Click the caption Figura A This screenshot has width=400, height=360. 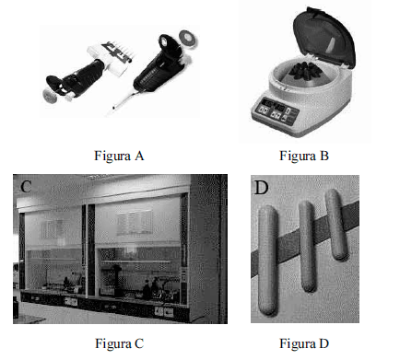tap(119, 156)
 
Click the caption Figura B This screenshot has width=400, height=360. tap(304, 156)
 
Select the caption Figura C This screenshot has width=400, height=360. tap(119, 343)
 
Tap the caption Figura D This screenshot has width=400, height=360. tap(304, 343)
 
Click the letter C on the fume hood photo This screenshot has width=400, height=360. tap(26, 186)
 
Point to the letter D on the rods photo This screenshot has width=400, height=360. tap(262, 188)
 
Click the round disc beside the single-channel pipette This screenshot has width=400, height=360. tap(188, 39)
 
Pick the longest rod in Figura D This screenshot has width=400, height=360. tap(267, 260)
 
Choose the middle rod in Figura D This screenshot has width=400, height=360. tap(307, 247)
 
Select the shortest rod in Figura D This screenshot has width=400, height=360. tap(336, 225)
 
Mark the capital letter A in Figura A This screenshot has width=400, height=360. tap(139, 156)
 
